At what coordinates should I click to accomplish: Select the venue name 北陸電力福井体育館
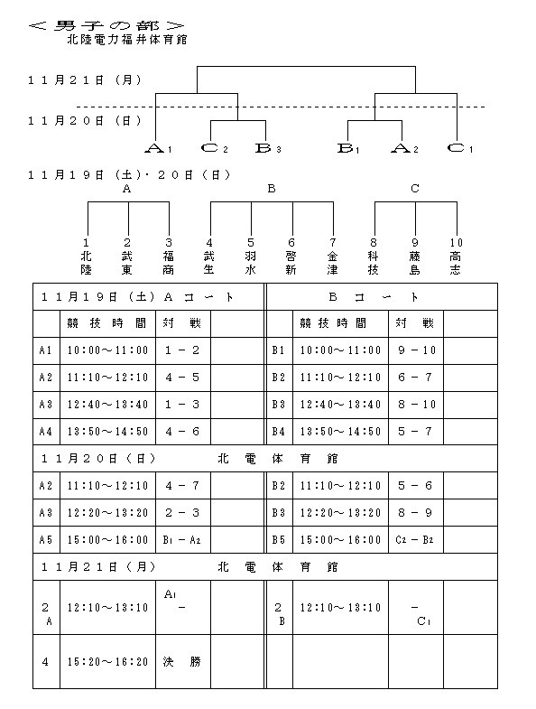tap(127, 40)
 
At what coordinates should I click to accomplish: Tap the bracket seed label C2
tap(214, 148)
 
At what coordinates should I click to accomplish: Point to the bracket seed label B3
tap(269, 148)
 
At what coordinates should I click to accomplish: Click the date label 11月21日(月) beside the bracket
tap(85, 80)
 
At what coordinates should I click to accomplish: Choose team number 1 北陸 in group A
tap(87, 257)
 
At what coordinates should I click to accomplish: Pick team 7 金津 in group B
tap(333, 257)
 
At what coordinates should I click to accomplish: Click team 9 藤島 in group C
tap(415, 257)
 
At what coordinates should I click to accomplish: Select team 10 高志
tap(456, 257)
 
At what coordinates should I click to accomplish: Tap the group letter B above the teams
tap(272, 189)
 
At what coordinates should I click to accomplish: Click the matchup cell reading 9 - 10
tap(416, 350)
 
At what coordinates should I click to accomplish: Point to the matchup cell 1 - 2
tap(182, 350)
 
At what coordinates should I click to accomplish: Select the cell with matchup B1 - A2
tap(181, 540)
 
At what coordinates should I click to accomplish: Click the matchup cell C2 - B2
tap(414, 540)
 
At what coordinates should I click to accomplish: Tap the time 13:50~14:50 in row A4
tap(108, 432)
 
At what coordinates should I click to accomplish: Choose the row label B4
tap(279, 432)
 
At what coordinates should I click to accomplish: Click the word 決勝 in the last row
tap(182, 662)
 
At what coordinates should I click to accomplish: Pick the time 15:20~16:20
tap(108, 662)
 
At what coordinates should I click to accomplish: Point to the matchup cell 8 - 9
tap(415, 513)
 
